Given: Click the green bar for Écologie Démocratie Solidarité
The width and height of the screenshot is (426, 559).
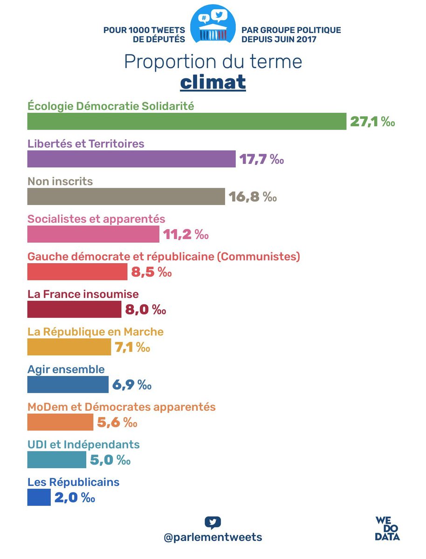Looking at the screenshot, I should pyautogui.click(x=186, y=122).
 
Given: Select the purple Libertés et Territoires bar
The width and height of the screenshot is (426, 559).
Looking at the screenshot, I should pyautogui.click(x=131, y=159).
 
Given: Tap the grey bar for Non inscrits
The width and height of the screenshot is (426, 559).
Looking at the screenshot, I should pyautogui.click(x=126, y=197).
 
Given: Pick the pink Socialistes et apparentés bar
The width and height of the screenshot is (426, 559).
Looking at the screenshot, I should pyautogui.click(x=93, y=234).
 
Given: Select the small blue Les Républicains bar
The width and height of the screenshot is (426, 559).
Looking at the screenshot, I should pyautogui.click(x=39, y=497).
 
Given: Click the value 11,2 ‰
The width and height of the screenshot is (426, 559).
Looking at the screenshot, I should pyautogui.click(x=186, y=234).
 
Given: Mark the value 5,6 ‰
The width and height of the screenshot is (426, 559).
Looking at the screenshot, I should pyautogui.click(x=117, y=423).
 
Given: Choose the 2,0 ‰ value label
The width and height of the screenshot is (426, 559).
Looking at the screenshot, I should pyautogui.click(x=75, y=498).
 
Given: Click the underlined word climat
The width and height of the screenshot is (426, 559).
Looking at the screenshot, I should pyautogui.click(x=213, y=82).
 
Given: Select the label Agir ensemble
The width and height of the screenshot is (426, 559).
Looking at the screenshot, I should pyautogui.click(x=66, y=369).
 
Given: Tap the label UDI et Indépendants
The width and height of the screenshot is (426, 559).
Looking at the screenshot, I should pyautogui.click(x=83, y=444).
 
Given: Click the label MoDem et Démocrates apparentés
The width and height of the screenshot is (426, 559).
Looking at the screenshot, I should pyautogui.click(x=121, y=407).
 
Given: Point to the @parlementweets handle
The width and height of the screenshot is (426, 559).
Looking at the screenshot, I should pyautogui.click(x=213, y=537).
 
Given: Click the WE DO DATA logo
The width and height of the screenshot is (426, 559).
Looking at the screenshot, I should pyautogui.click(x=387, y=528).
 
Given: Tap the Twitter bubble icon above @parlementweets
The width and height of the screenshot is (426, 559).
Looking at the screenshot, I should pyautogui.click(x=213, y=522).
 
